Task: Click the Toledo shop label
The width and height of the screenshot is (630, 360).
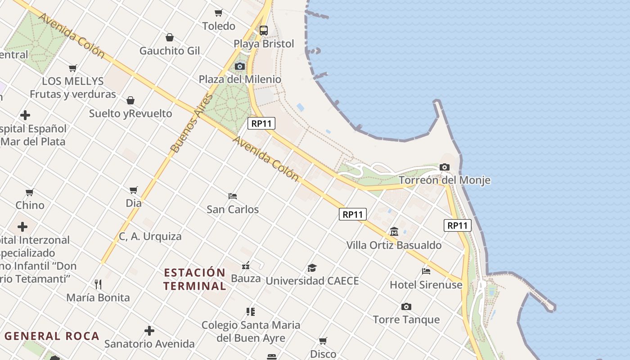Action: pyautogui.click(x=219, y=26)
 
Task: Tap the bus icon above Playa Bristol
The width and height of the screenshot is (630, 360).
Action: pyautogui.click(x=264, y=31)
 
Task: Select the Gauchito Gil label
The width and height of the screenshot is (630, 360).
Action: pyautogui.click(x=170, y=51)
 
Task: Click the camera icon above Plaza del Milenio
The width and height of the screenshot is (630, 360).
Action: pyautogui.click(x=240, y=67)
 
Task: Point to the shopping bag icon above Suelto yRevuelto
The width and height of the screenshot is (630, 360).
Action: pyautogui.click(x=130, y=100)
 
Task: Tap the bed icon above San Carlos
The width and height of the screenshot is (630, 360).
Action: pyautogui.click(x=233, y=196)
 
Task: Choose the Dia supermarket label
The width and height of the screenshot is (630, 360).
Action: pyautogui.click(x=134, y=203)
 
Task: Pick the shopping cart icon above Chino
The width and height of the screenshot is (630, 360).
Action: pyautogui.click(x=30, y=193)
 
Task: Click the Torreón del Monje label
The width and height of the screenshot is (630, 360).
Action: pyautogui.click(x=445, y=180)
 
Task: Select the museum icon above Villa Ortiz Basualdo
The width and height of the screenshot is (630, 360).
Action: pyautogui.click(x=394, y=232)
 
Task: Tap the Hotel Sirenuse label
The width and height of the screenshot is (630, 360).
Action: pyautogui.click(x=426, y=285)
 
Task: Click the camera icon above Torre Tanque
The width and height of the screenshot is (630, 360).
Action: pyautogui.click(x=406, y=307)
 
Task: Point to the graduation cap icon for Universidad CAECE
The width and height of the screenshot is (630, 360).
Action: pyautogui.click(x=312, y=268)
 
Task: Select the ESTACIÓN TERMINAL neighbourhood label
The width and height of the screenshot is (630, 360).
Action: pyautogui.click(x=194, y=279)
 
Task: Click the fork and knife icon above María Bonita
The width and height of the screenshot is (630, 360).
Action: pyautogui.click(x=98, y=284)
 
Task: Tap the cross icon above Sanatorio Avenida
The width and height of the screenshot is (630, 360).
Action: pyautogui.click(x=149, y=331)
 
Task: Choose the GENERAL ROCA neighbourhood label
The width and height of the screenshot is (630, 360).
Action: pyautogui.click(x=52, y=336)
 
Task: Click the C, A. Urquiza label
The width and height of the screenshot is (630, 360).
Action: pyautogui.click(x=150, y=236)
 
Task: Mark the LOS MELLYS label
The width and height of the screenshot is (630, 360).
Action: pyautogui.click(x=73, y=81)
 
